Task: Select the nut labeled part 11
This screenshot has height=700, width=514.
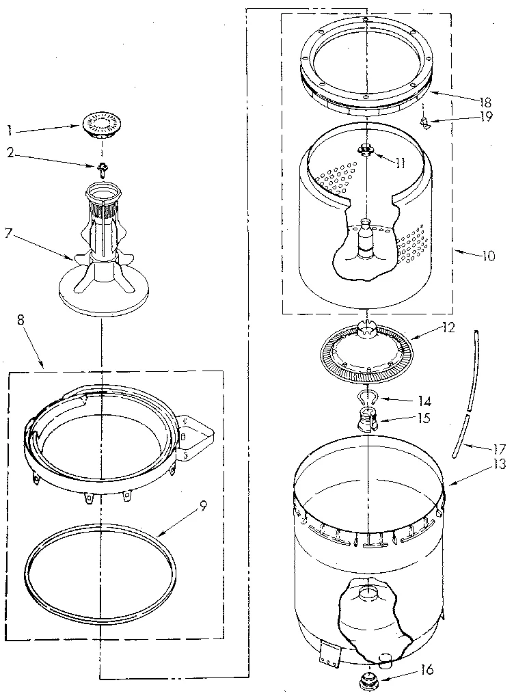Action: pos(367,151)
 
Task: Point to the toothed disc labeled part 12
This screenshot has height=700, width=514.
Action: pos(367,350)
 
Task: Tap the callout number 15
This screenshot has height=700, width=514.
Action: pos(424,418)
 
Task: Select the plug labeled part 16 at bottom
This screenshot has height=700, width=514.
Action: pos(368,679)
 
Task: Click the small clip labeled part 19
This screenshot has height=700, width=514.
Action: pos(425,123)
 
